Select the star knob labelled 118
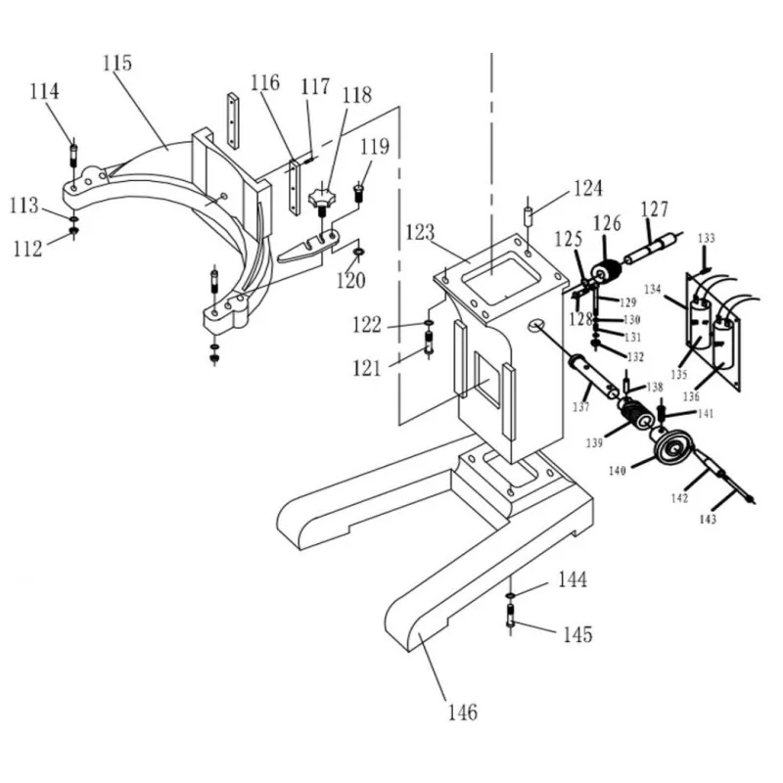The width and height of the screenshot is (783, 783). pyautogui.click(x=320, y=201)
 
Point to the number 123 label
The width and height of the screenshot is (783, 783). pyautogui.click(x=419, y=234)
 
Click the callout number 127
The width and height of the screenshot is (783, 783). pyautogui.click(x=655, y=208)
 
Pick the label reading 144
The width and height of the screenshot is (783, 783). pyautogui.click(x=573, y=580)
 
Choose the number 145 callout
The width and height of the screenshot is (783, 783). pyautogui.click(x=576, y=634)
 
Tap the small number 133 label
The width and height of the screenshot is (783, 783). pyautogui.click(x=707, y=239)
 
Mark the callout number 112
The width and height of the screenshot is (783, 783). pyautogui.click(x=27, y=249)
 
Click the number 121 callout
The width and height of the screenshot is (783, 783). pyautogui.click(x=369, y=368)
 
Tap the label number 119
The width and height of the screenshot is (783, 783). pyautogui.click(x=375, y=148)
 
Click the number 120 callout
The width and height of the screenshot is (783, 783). pyautogui.click(x=351, y=282)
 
